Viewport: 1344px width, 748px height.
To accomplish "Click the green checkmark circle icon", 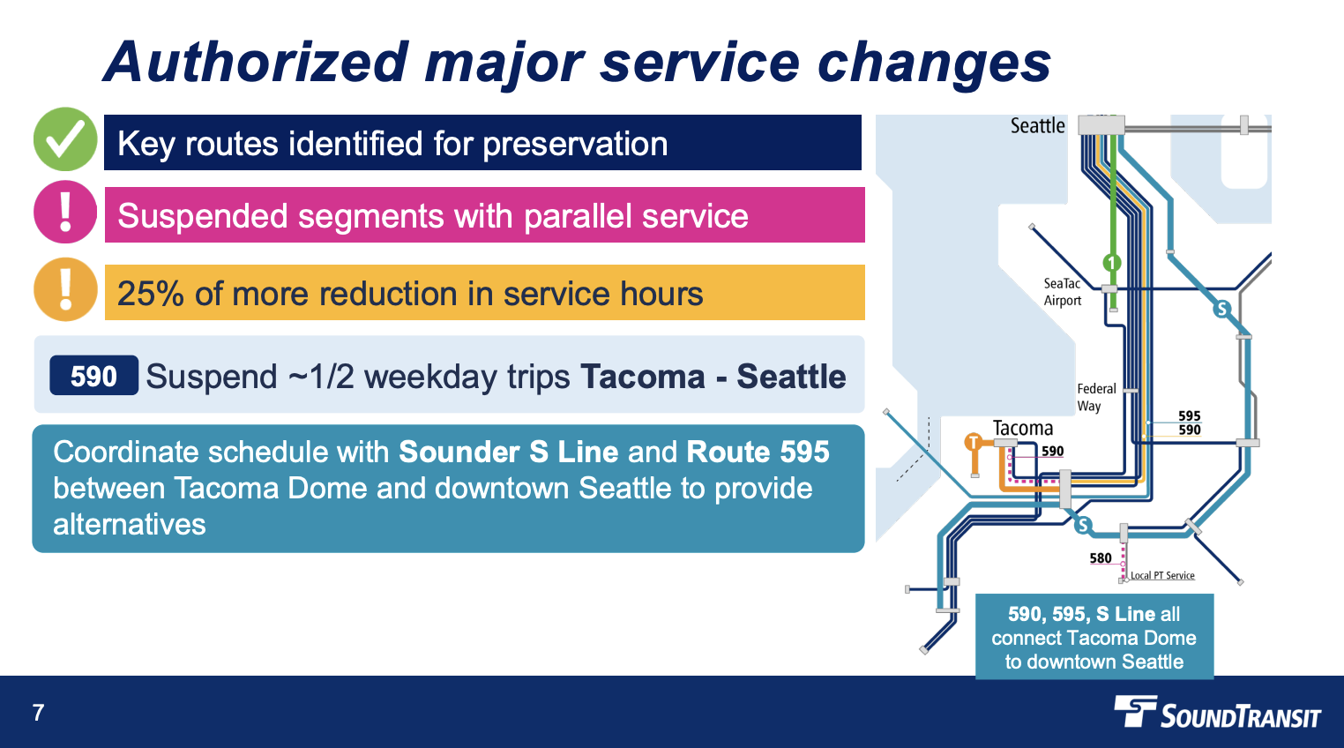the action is tap(64, 139).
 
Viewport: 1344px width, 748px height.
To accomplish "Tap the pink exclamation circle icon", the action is tap(64, 212).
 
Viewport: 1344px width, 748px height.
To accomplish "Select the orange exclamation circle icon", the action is tap(64, 289).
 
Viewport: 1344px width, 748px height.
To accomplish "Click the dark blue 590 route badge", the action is tap(93, 376).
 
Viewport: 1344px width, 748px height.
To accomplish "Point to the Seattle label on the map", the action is tap(1037, 126).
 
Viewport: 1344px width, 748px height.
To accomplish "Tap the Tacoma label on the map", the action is tap(1022, 428).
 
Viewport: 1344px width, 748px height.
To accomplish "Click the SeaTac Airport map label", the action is tap(1062, 292).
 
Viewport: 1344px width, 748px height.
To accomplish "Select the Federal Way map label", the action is tap(1096, 397).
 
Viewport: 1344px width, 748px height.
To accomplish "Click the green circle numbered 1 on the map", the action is tap(1112, 263).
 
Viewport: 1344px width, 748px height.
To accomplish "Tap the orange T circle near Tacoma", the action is tap(974, 443).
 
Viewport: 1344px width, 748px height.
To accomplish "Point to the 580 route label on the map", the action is tap(1101, 558).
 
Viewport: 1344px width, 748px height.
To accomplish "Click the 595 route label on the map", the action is tap(1189, 416).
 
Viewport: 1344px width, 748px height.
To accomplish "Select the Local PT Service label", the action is tap(1162, 575).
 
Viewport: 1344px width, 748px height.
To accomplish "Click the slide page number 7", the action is tap(39, 713).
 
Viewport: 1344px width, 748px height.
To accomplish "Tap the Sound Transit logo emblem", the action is tap(1135, 711).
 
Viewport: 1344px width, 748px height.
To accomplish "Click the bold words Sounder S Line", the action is tap(508, 452).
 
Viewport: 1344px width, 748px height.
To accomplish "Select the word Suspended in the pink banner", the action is tap(202, 216).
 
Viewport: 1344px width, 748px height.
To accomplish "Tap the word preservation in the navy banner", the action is tap(575, 144).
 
